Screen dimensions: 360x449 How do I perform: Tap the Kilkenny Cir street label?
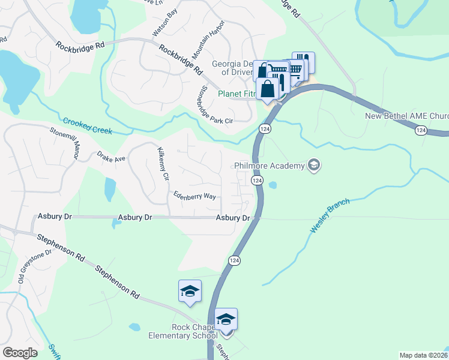[163, 162]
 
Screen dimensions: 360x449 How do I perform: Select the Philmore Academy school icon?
[313, 165]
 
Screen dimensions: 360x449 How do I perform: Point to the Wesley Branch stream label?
[330, 215]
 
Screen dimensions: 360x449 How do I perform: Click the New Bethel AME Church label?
[407, 116]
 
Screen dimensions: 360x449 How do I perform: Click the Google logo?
[19, 352]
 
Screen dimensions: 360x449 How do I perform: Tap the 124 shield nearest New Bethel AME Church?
[421, 130]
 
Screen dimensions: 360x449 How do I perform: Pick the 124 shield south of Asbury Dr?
[234, 260]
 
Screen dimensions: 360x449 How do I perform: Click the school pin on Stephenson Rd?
[190, 292]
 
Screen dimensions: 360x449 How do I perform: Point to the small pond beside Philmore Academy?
[274, 185]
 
